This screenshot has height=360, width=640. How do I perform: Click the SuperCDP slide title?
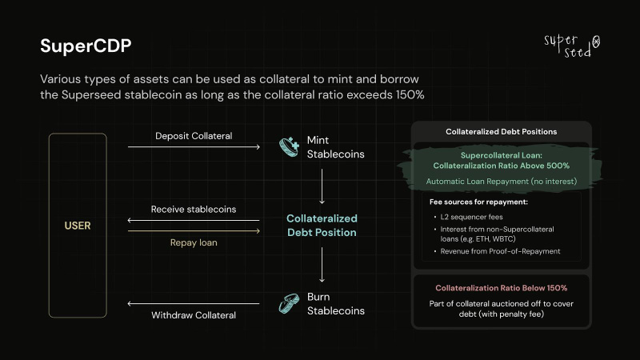[x=86, y=46]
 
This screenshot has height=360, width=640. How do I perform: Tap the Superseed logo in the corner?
[x=572, y=46]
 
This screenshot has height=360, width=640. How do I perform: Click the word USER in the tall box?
[x=78, y=226]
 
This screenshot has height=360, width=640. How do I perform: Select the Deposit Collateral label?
[x=194, y=136]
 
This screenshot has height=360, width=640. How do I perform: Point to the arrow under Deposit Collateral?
[x=194, y=146]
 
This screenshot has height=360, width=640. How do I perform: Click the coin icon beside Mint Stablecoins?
[x=289, y=147]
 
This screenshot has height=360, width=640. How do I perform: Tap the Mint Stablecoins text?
[x=335, y=147]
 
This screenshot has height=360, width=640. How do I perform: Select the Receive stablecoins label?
[x=194, y=210]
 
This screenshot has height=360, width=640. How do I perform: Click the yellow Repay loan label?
[x=194, y=242]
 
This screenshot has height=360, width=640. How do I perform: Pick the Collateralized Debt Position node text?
[x=322, y=226]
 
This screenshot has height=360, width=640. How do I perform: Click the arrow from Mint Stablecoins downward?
[x=322, y=186]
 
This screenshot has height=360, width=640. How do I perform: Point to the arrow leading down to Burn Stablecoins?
[x=322, y=265]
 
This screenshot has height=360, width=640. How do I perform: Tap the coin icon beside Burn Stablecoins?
[x=289, y=304]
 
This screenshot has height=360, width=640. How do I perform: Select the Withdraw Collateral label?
[x=194, y=315]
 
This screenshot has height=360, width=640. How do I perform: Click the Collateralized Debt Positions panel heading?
[x=502, y=132]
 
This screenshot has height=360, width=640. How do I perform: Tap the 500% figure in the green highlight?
[x=558, y=166]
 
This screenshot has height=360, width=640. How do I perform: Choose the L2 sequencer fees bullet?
[x=471, y=217]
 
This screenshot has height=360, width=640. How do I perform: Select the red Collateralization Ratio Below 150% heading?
[x=502, y=288]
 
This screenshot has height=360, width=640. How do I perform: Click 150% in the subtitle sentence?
[x=410, y=94]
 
